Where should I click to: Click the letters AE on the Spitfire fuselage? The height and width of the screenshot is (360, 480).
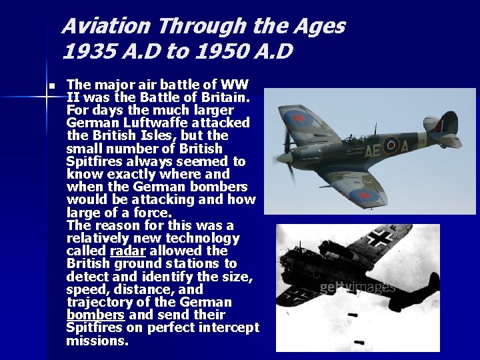coord(372,149)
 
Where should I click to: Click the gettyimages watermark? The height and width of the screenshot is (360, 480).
coord(357,287)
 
